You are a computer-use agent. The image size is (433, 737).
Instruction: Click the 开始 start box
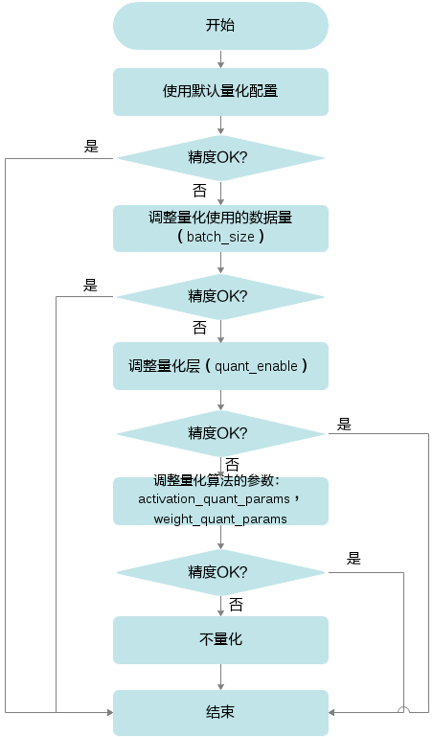tap(220, 25)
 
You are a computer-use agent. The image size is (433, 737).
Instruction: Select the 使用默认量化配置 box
tap(220, 92)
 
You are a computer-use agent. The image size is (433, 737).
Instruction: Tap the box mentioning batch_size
tap(220, 228)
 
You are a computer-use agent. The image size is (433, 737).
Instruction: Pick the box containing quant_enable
tap(220, 366)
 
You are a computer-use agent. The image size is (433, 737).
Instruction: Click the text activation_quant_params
tap(214, 499)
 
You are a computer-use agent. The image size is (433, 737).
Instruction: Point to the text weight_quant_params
tap(220, 519)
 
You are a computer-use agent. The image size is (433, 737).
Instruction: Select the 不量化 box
tap(220, 639)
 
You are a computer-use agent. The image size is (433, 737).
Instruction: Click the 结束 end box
tap(220, 712)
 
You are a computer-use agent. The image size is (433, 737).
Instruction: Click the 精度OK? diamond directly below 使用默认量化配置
tap(220, 158)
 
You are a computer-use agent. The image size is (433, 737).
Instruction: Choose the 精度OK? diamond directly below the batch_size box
tap(220, 296)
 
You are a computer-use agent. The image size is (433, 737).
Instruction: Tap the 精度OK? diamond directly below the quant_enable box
tap(220, 433)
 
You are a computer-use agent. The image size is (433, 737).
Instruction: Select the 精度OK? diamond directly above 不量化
tap(220, 572)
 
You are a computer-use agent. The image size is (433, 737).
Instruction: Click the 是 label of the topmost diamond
tap(91, 147)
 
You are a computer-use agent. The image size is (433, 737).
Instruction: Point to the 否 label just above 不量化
tap(236, 605)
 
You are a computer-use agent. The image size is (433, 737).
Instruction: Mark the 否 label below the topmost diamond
tap(199, 191)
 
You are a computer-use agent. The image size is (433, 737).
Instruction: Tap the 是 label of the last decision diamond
tap(353, 559)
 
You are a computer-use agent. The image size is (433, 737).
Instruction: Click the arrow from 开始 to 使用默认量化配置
tap(220, 58)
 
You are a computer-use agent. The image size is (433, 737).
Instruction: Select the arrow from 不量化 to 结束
tap(220, 677)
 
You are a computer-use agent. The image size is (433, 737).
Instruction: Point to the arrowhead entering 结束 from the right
tap(331, 712)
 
